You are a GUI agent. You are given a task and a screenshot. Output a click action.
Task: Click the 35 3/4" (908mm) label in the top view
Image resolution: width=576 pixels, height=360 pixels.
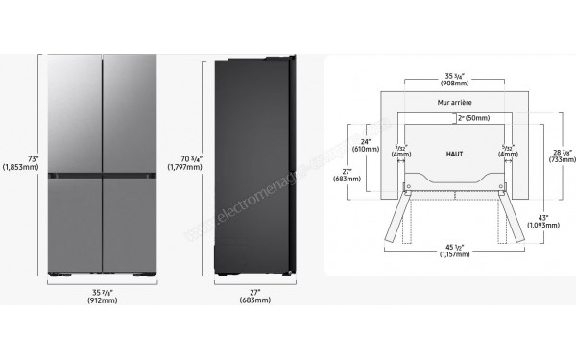[x=450, y=77]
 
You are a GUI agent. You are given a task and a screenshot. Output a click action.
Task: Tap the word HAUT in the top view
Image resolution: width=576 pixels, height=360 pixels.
[x=454, y=153]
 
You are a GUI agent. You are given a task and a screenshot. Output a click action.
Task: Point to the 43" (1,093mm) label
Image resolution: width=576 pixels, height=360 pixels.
[x=549, y=223]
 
